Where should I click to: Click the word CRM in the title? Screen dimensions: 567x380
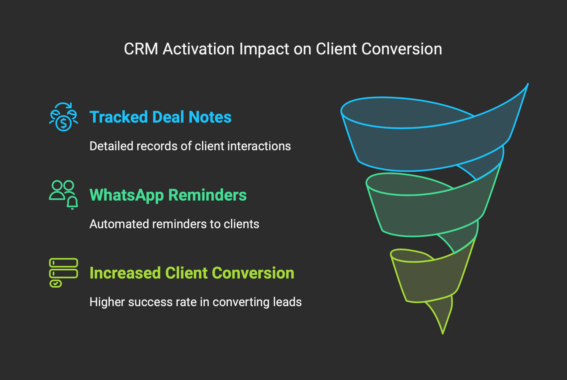point(141,49)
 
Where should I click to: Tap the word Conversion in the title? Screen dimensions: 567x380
point(402,49)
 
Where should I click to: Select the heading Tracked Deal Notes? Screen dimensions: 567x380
point(160,117)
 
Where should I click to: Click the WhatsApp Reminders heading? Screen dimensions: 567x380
point(168,195)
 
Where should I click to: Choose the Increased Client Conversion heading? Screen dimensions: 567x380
point(192,273)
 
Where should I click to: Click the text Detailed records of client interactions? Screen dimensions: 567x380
point(190,146)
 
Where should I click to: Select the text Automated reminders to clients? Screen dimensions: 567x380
point(174,224)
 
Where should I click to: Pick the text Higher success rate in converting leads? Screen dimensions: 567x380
point(195,302)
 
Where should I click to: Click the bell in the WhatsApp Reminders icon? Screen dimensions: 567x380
point(72,203)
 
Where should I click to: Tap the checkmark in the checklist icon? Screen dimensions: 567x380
point(56,284)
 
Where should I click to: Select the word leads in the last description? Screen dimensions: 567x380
point(287,302)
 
